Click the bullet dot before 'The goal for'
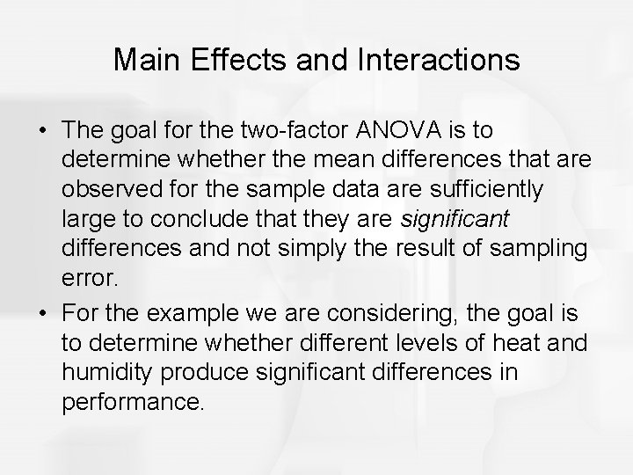pyautogui.click(x=41, y=131)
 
